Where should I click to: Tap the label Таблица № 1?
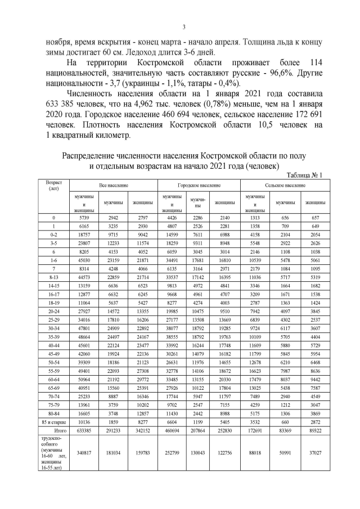point(304,174)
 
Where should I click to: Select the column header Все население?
point(114,184)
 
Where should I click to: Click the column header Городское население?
point(199,184)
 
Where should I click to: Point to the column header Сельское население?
point(285,184)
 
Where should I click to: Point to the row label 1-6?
point(53,262)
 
